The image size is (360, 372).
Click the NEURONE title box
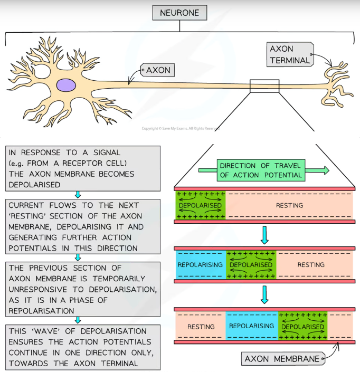tap(179, 13)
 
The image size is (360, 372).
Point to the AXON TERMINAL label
tap(290, 54)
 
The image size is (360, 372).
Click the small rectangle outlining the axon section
tap(264, 86)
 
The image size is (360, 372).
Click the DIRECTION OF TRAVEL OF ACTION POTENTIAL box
tap(261, 170)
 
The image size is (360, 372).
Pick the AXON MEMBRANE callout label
tap(282, 359)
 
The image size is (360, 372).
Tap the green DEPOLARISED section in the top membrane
tap(200, 205)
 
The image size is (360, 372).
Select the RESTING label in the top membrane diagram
tap(289, 205)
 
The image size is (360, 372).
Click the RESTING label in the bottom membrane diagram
tap(201, 327)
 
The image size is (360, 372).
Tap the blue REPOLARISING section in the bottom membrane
tap(251, 326)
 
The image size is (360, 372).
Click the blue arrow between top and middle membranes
tap(264, 234)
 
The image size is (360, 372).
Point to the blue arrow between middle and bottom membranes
tap(264, 294)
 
